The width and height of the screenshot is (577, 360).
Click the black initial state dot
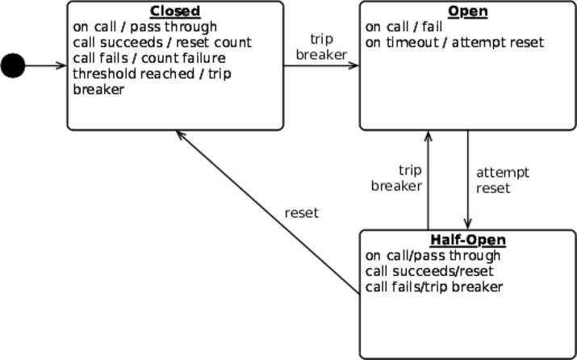(x=13, y=65)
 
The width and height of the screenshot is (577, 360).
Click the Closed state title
(x=174, y=11)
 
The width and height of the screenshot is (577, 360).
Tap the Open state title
(x=468, y=11)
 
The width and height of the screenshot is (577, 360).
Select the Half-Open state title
(x=468, y=241)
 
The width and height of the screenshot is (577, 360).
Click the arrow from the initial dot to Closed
(x=45, y=65)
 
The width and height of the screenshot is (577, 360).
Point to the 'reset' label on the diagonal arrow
(x=302, y=213)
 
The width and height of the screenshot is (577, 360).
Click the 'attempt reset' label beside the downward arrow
(x=502, y=180)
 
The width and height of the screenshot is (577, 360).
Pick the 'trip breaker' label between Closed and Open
(x=321, y=47)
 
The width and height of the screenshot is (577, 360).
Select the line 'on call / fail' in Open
(x=404, y=27)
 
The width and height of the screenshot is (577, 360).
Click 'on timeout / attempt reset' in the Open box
(x=454, y=42)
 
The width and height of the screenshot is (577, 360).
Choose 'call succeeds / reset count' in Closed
(x=162, y=42)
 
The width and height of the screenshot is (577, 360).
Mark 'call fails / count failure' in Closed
(x=149, y=58)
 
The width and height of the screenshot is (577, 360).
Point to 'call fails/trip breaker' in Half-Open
(x=434, y=287)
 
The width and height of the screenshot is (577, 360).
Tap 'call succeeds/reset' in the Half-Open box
(x=429, y=271)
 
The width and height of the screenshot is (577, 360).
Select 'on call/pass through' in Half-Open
(x=433, y=256)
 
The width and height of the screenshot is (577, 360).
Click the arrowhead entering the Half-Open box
(x=468, y=225)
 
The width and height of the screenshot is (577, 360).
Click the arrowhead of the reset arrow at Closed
(x=181, y=136)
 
